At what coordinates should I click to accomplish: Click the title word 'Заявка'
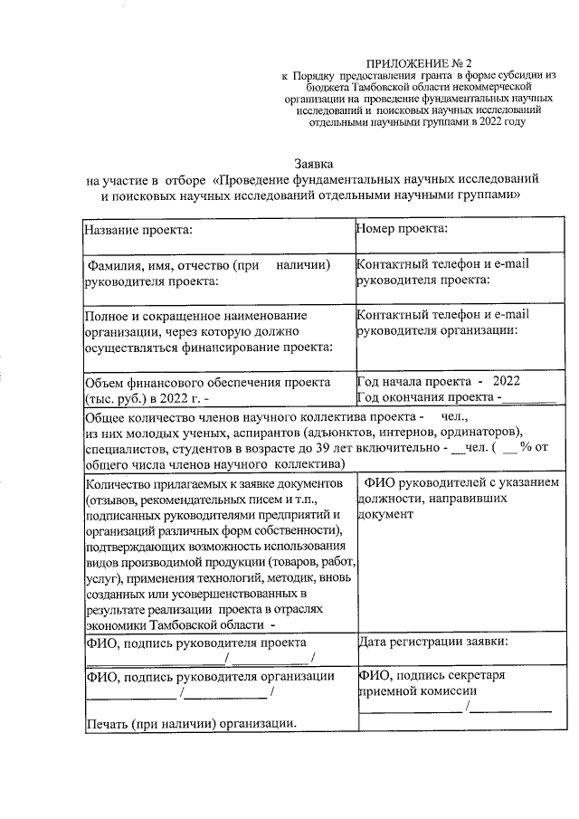pyautogui.click(x=314, y=164)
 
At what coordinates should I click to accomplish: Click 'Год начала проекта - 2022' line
pyautogui.click(x=439, y=382)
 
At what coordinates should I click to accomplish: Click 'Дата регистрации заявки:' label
pyautogui.click(x=432, y=642)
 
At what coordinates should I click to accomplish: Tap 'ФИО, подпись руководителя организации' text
pyautogui.click(x=209, y=676)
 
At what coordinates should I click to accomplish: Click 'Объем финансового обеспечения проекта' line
pyautogui.click(x=206, y=383)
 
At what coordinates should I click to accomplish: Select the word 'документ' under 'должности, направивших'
pyautogui.click(x=386, y=514)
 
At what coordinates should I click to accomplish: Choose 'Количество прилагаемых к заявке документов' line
pyautogui.click(x=213, y=482)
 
